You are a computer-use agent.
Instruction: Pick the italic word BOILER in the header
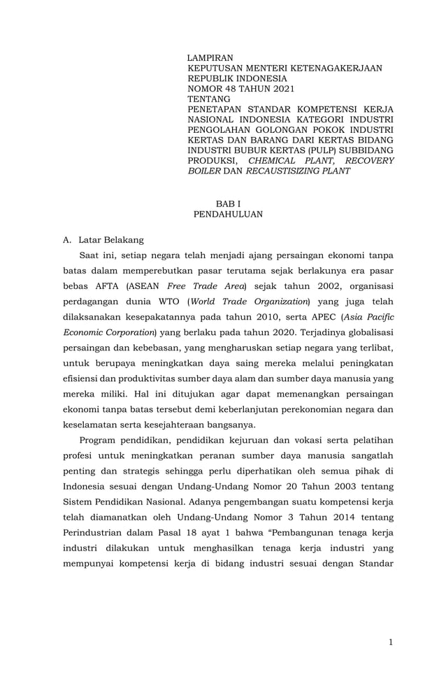(x=204, y=171)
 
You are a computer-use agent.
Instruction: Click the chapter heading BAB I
(x=227, y=204)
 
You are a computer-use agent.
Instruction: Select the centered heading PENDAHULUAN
(x=228, y=215)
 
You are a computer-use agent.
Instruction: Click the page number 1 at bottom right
(x=391, y=642)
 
